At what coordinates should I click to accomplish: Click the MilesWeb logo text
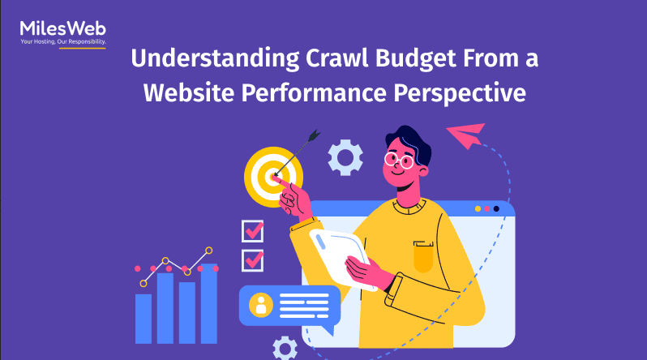point(62,28)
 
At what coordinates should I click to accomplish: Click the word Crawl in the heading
point(336,58)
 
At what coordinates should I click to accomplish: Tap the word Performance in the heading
point(314,92)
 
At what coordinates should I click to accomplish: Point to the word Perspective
point(460,94)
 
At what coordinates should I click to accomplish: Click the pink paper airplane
point(466,135)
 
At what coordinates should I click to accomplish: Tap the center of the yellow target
point(273,177)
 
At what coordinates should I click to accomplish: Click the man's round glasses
point(399,161)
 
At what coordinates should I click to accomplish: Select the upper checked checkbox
point(252,231)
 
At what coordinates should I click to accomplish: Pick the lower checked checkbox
point(252,260)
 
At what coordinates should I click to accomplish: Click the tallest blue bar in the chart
point(209,303)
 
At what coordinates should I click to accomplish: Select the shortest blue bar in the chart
point(144,319)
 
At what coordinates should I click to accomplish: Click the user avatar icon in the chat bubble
point(261,305)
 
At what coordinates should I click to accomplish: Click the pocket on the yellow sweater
point(423,256)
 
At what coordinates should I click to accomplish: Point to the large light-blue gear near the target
point(345,157)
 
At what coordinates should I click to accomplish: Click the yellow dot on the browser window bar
point(478,209)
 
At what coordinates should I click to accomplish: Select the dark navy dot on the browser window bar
point(496,209)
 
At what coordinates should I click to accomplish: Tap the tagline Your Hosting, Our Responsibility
point(63,41)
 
